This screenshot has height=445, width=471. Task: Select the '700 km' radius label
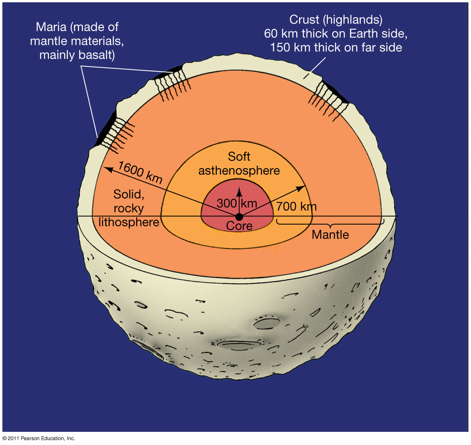[x=296, y=206]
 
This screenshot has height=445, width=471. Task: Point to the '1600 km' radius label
[x=140, y=172]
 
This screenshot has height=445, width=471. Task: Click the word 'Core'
[x=239, y=226]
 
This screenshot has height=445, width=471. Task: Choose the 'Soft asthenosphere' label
[x=239, y=164]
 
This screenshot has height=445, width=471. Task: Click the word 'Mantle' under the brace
[x=330, y=235]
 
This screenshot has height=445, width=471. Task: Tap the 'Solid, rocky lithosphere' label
[x=129, y=208]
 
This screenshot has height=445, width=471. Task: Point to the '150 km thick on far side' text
[x=336, y=47]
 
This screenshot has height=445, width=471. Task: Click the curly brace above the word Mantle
[x=330, y=225]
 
